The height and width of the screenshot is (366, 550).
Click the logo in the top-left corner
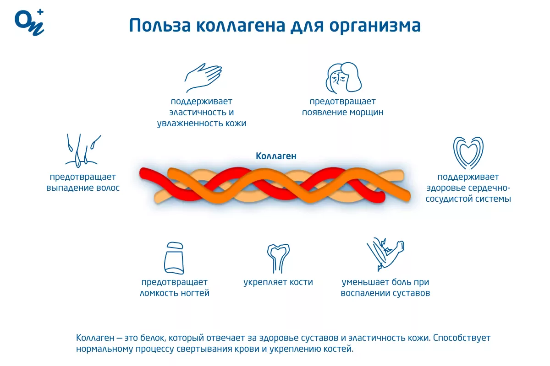[29, 22]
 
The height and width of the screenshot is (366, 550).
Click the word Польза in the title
[160, 26]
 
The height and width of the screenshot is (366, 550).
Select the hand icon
[203, 78]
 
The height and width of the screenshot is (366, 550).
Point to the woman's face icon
[343, 78]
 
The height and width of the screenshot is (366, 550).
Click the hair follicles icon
[83, 151]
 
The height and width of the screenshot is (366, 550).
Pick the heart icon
[468, 153]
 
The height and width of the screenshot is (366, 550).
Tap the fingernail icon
[174, 258]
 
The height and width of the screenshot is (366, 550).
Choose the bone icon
[278, 258]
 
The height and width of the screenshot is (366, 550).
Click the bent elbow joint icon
[385, 254]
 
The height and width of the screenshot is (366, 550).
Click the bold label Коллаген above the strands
[276, 156]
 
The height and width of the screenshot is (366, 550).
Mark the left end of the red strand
[142, 173]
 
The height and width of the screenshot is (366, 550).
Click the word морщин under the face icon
[366, 113]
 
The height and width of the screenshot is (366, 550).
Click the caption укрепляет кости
[278, 282]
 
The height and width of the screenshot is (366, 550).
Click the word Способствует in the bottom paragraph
[462, 338]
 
